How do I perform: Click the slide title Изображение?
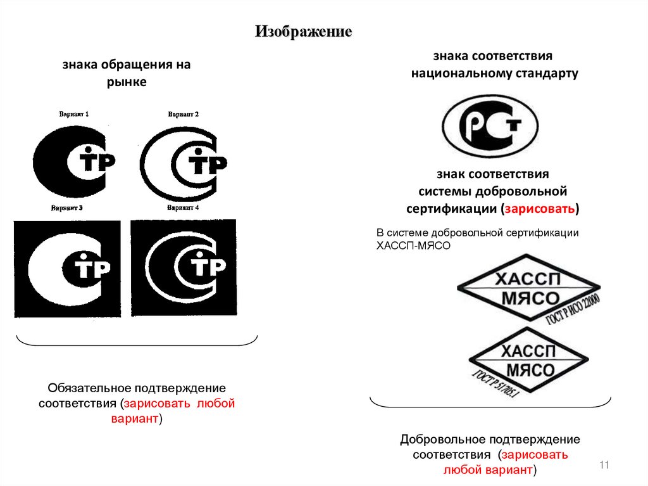tap(303, 32)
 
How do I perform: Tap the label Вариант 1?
tap(74, 114)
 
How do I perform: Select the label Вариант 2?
tap(184, 114)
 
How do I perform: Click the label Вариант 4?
tap(183, 208)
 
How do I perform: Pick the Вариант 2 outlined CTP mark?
tap(184, 161)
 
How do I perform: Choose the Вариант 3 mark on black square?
tap(67, 269)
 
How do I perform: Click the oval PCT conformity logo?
tap(490, 125)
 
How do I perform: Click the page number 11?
tap(603, 466)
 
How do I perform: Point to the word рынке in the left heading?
tap(126, 82)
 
